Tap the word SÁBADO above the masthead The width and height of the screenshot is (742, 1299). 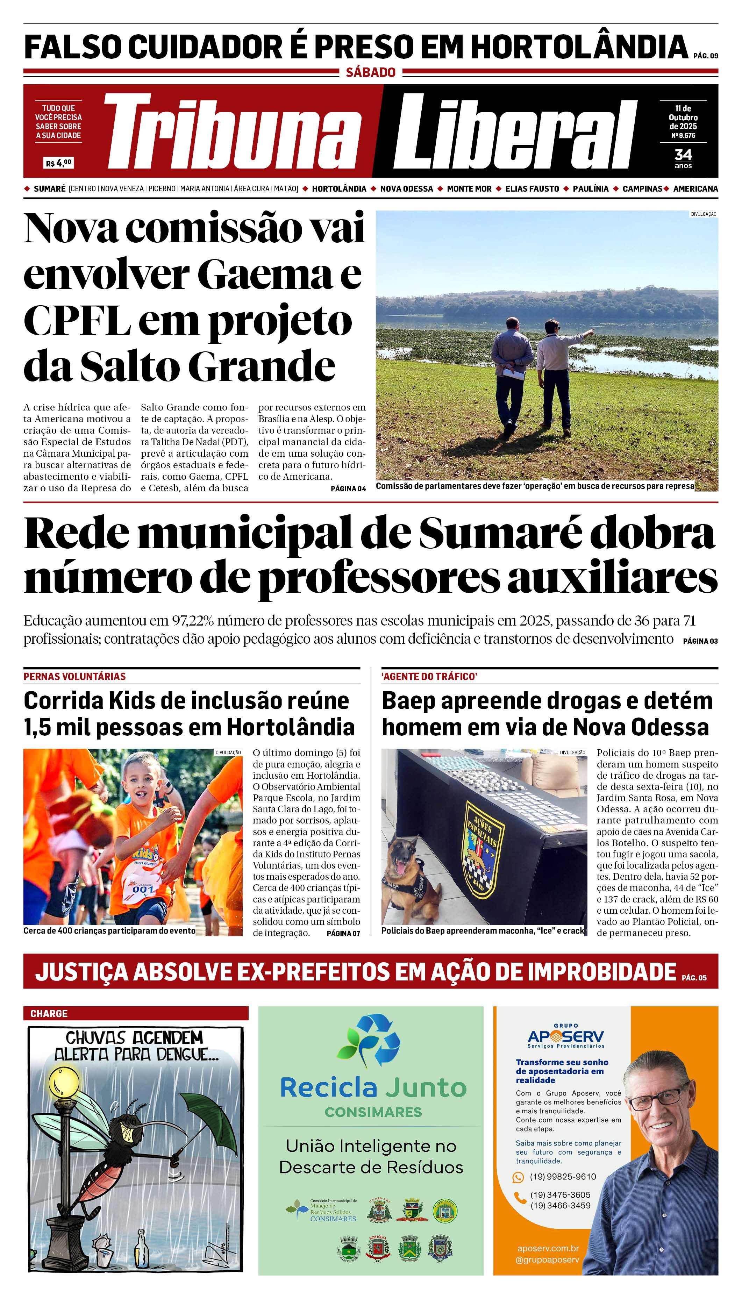(x=371, y=72)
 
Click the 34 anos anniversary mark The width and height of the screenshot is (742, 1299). (x=683, y=158)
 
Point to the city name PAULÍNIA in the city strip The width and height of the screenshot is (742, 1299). (x=590, y=188)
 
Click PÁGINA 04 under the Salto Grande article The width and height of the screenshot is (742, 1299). (x=348, y=489)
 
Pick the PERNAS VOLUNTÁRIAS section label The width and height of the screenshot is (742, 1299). (x=74, y=676)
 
